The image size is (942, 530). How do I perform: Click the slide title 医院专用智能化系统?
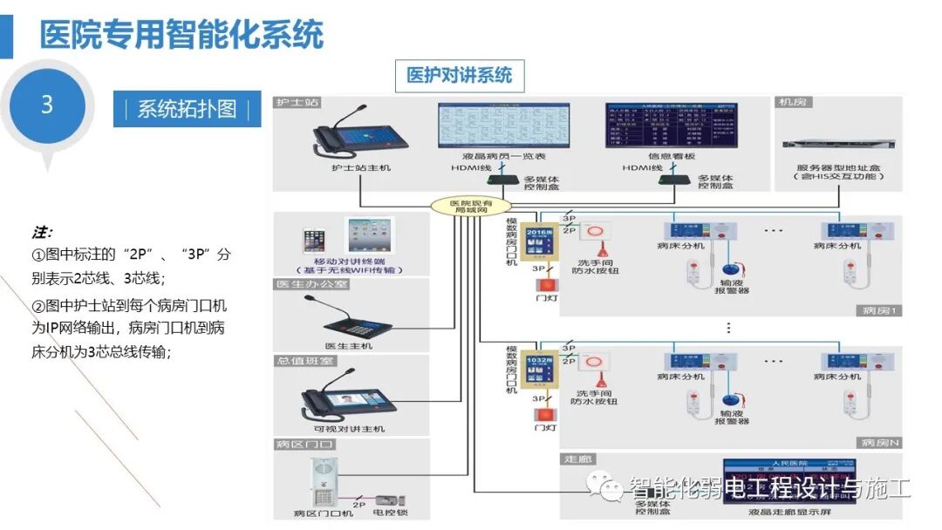(x=181, y=35)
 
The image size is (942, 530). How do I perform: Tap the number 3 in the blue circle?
(x=47, y=105)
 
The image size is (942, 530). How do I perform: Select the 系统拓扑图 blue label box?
(x=187, y=109)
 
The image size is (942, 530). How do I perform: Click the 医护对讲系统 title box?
(x=460, y=76)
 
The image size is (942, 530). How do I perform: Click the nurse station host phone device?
(x=348, y=135)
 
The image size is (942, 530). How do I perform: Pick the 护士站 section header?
(x=297, y=103)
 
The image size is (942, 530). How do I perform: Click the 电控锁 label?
(x=391, y=513)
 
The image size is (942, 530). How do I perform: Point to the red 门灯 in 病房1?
(x=546, y=284)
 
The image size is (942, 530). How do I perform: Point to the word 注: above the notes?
(x=43, y=233)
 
